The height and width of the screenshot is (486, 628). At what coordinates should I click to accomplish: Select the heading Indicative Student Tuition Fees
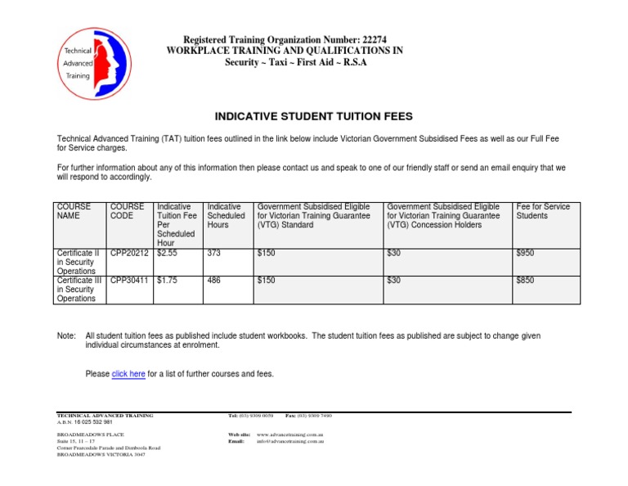coord(313,116)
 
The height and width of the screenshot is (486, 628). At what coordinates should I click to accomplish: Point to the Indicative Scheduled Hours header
coord(227,215)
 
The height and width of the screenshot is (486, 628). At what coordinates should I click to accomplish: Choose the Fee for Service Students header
coord(543,211)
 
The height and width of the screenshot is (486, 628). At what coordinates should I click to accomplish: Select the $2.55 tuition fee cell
coord(167,254)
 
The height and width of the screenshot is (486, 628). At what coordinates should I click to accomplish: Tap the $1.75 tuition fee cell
coord(167,280)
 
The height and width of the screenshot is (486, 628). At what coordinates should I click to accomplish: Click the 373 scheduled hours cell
coord(215,254)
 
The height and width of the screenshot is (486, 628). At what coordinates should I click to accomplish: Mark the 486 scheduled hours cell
coord(215,280)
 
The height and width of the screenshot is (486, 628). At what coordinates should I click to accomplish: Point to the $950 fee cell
coord(525,254)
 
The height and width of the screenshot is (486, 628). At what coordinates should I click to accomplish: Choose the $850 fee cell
coord(525,280)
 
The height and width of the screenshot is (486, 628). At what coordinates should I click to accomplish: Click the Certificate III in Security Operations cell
coord(80,289)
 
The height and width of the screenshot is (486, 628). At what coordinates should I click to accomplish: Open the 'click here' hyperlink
coord(128,374)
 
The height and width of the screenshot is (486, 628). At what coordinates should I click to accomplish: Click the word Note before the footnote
coord(65,336)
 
